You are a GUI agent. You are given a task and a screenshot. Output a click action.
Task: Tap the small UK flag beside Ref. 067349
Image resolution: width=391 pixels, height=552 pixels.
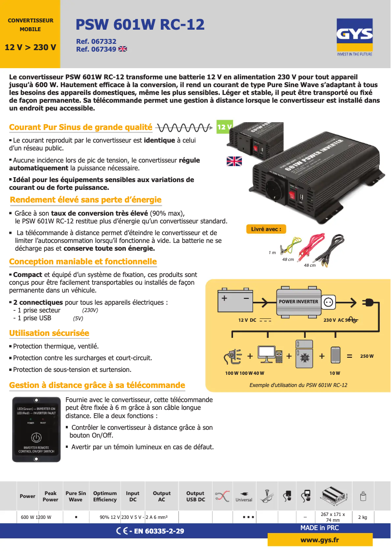122,49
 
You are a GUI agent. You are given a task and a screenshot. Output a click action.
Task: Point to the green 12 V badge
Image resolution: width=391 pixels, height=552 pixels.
224,127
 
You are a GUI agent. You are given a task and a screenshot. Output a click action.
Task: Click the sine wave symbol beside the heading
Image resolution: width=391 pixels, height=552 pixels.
184,128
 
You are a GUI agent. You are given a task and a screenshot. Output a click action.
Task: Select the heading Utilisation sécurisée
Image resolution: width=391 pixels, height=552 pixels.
49,333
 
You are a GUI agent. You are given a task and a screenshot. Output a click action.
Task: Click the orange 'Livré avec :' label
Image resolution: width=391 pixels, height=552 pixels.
266,229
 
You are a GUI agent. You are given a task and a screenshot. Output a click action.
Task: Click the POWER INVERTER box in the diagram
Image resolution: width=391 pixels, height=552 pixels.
298,302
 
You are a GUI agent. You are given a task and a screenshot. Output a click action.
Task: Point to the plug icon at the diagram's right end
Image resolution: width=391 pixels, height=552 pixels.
369,303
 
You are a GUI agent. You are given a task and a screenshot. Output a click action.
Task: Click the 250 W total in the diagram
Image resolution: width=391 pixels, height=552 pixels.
367,356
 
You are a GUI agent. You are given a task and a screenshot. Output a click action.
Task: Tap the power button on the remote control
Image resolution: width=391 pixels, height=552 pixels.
36,438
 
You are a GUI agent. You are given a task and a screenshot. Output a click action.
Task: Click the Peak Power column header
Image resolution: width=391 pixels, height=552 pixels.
50,497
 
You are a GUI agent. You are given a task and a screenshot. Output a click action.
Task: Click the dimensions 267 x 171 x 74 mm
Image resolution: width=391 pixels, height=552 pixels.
333,517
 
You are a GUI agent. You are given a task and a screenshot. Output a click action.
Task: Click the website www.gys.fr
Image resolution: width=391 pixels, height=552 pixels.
320,540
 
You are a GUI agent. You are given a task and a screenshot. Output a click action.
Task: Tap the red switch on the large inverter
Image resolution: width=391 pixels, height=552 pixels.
293,196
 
